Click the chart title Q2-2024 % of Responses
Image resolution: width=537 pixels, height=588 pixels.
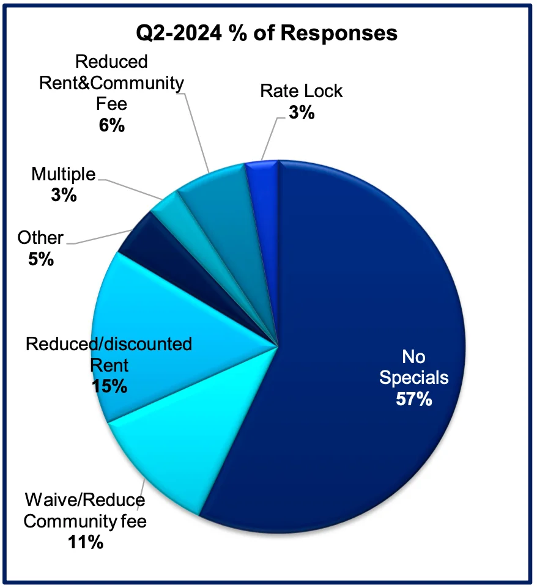267,32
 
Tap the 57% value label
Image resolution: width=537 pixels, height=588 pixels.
414,399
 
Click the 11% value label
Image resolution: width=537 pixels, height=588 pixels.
86,542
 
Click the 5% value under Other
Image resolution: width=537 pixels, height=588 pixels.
41,259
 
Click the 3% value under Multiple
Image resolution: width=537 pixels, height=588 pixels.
63,195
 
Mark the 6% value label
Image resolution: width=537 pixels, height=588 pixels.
111,125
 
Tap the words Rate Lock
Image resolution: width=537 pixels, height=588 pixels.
301,91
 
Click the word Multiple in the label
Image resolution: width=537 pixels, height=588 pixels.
63,175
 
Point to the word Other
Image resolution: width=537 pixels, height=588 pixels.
41,238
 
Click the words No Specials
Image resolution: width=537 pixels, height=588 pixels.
414,367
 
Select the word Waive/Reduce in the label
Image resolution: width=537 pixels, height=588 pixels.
85,501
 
